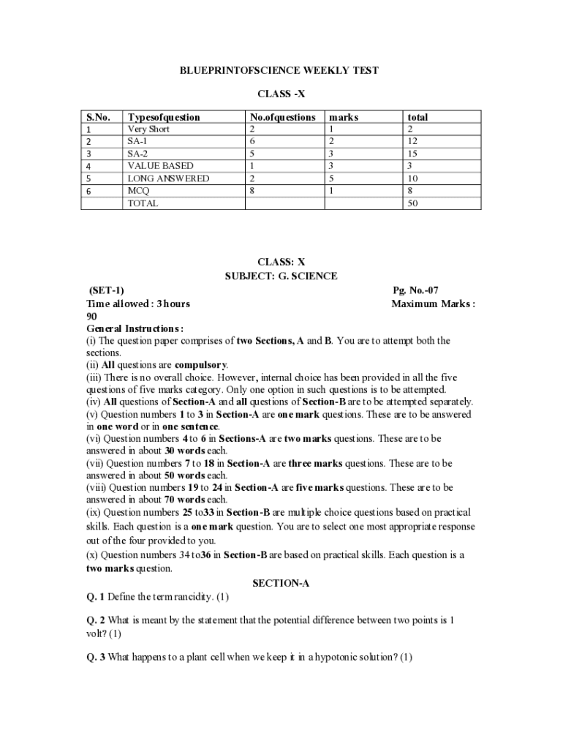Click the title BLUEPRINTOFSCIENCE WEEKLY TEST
[x=280, y=70]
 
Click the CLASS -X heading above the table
[x=280, y=94]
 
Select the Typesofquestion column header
[x=163, y=117]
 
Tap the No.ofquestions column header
[x=282, y=117]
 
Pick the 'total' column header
[x=417, y=117]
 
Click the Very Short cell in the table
[x=148, y=129]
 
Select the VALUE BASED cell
[x=160, y=166]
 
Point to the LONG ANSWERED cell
[x=168, y=178]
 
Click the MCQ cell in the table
[x=138, y=191]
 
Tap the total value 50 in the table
[x=413, y=203]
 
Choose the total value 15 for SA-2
[x=412, y=154]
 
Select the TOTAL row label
[x=143, y=203]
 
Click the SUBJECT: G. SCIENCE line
[x=281, y=276]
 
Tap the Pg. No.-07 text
[x=415, y=290]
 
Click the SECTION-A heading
[x=281, y=583]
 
